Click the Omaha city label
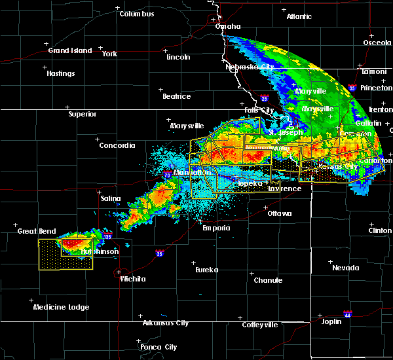tap(228, 27)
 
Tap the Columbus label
tap(136, 14)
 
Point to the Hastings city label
tap(60, 73)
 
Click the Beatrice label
tap(176, 96)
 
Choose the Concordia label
tap(117, 145)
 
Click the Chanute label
tap(268, 280)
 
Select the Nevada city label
tap(345, 268)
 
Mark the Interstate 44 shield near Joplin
tap(348, 314)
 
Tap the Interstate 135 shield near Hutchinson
tap(107, 234)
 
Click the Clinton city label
tap(380, 230)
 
